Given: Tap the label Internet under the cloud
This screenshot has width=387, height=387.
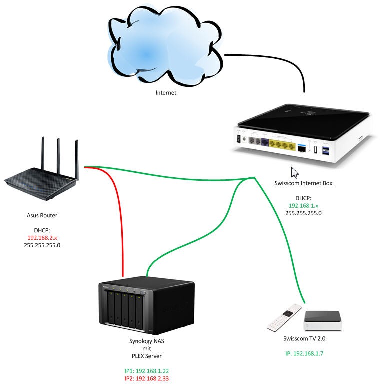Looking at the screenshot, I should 166,92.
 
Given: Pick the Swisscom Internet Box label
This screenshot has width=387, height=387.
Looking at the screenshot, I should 303,183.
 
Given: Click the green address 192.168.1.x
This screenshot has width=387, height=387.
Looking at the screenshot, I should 303,205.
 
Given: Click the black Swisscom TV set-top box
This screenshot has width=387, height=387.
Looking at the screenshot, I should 322,320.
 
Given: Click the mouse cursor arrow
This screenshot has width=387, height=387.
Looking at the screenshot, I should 295,172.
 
